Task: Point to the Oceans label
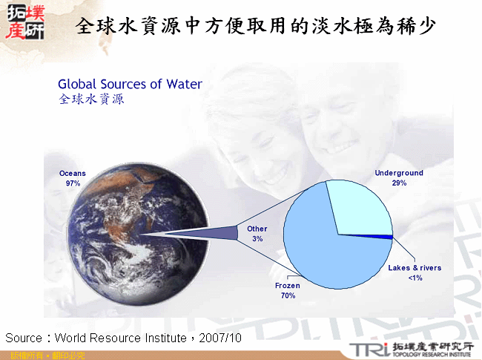click(x=73, y=174)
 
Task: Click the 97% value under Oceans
click(x=73, y=183)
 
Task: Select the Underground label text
click(x=399, y=173)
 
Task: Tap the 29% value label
click(x=399, y=183)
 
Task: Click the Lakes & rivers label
click(x=415, y=268)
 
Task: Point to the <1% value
click(x=415, y=278)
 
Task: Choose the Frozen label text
click(x=288, y=286)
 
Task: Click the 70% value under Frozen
click(x=288, y=295)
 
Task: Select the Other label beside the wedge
click(x=257, y=229)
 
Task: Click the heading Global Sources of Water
click(x=130, y=84)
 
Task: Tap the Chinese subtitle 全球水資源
click(x=91, y=99)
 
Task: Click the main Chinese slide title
click(x=257, y=27)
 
